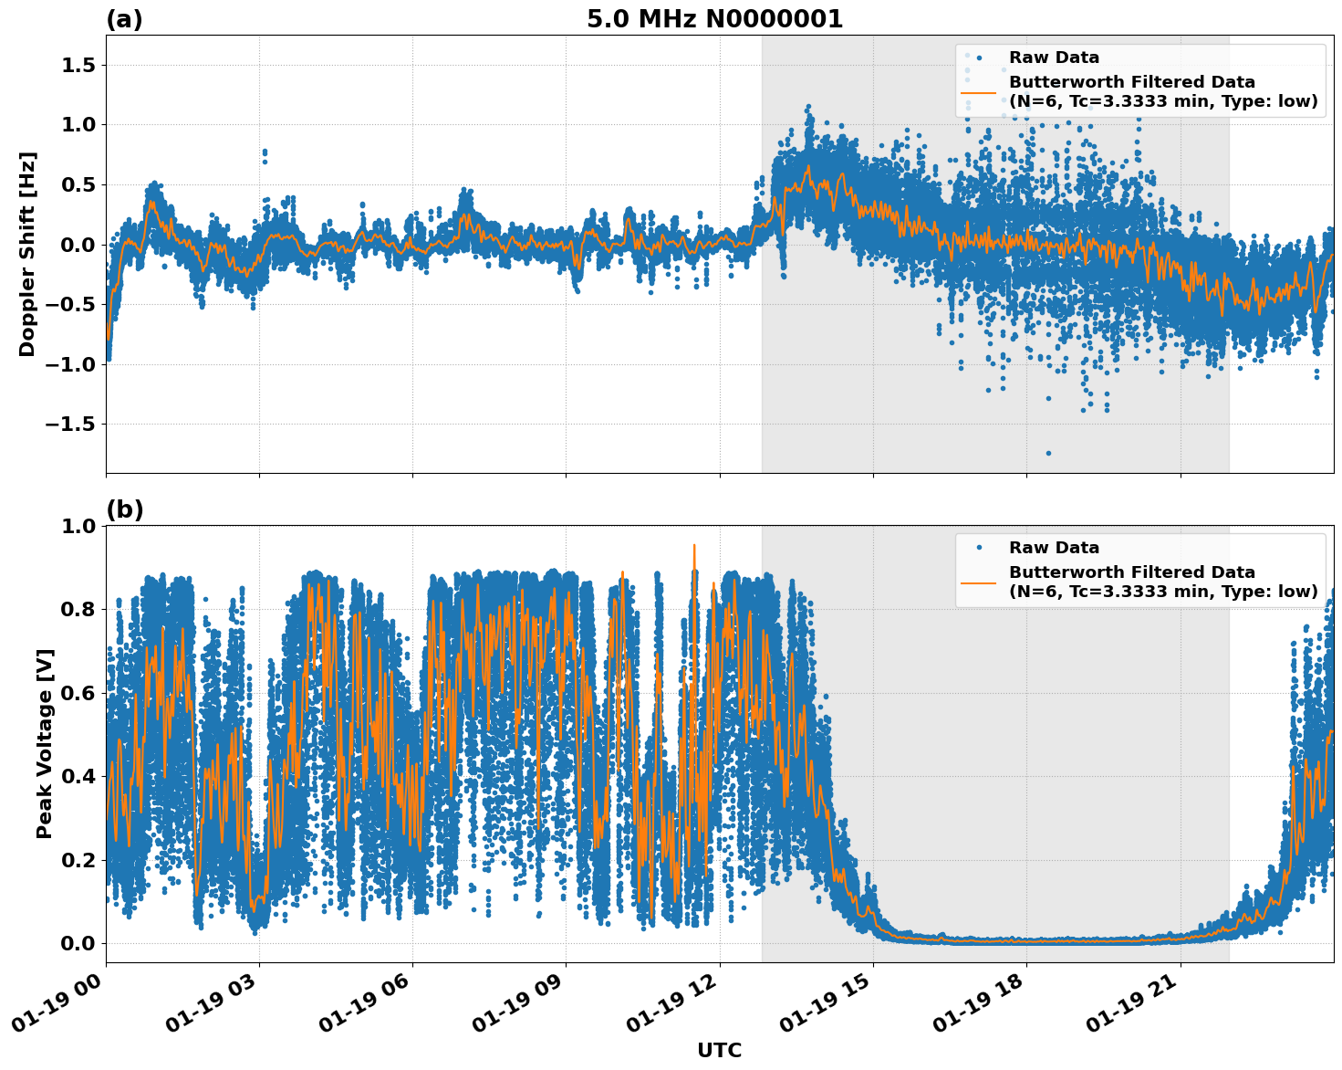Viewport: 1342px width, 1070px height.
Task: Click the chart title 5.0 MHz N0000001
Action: (714, 19)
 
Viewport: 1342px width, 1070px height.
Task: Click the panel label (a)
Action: (124, 19)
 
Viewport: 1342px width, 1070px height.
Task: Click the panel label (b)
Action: (125, 509)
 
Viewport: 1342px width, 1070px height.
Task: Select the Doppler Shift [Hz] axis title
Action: (27, 254)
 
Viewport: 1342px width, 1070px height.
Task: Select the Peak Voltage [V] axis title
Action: (45, 743)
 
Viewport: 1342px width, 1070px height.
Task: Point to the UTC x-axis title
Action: (719, 1050)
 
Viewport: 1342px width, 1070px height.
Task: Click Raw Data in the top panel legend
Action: (1054, 58)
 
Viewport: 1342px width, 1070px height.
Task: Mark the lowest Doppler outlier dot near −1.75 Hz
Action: (1048, 453)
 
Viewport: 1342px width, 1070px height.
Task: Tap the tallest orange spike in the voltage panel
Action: (694, 546)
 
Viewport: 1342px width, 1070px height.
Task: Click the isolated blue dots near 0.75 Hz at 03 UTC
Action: (265, 154)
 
